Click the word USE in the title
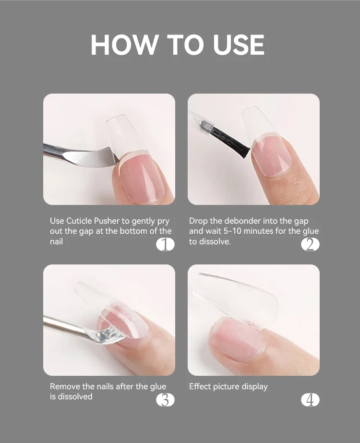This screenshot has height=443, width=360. click(x=239, y=45)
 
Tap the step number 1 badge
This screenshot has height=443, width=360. click(x=165, y=244)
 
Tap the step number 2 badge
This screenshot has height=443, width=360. click(x=310, y=244)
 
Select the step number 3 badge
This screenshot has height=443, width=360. click(x=165, y=400)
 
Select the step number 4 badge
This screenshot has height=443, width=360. click(x=310, y=400)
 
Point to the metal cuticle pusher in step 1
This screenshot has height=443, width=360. click(x=82, y=156)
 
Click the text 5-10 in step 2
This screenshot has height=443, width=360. click(x=232, y=231)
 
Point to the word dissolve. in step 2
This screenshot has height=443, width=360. click(x=215, y=241)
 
